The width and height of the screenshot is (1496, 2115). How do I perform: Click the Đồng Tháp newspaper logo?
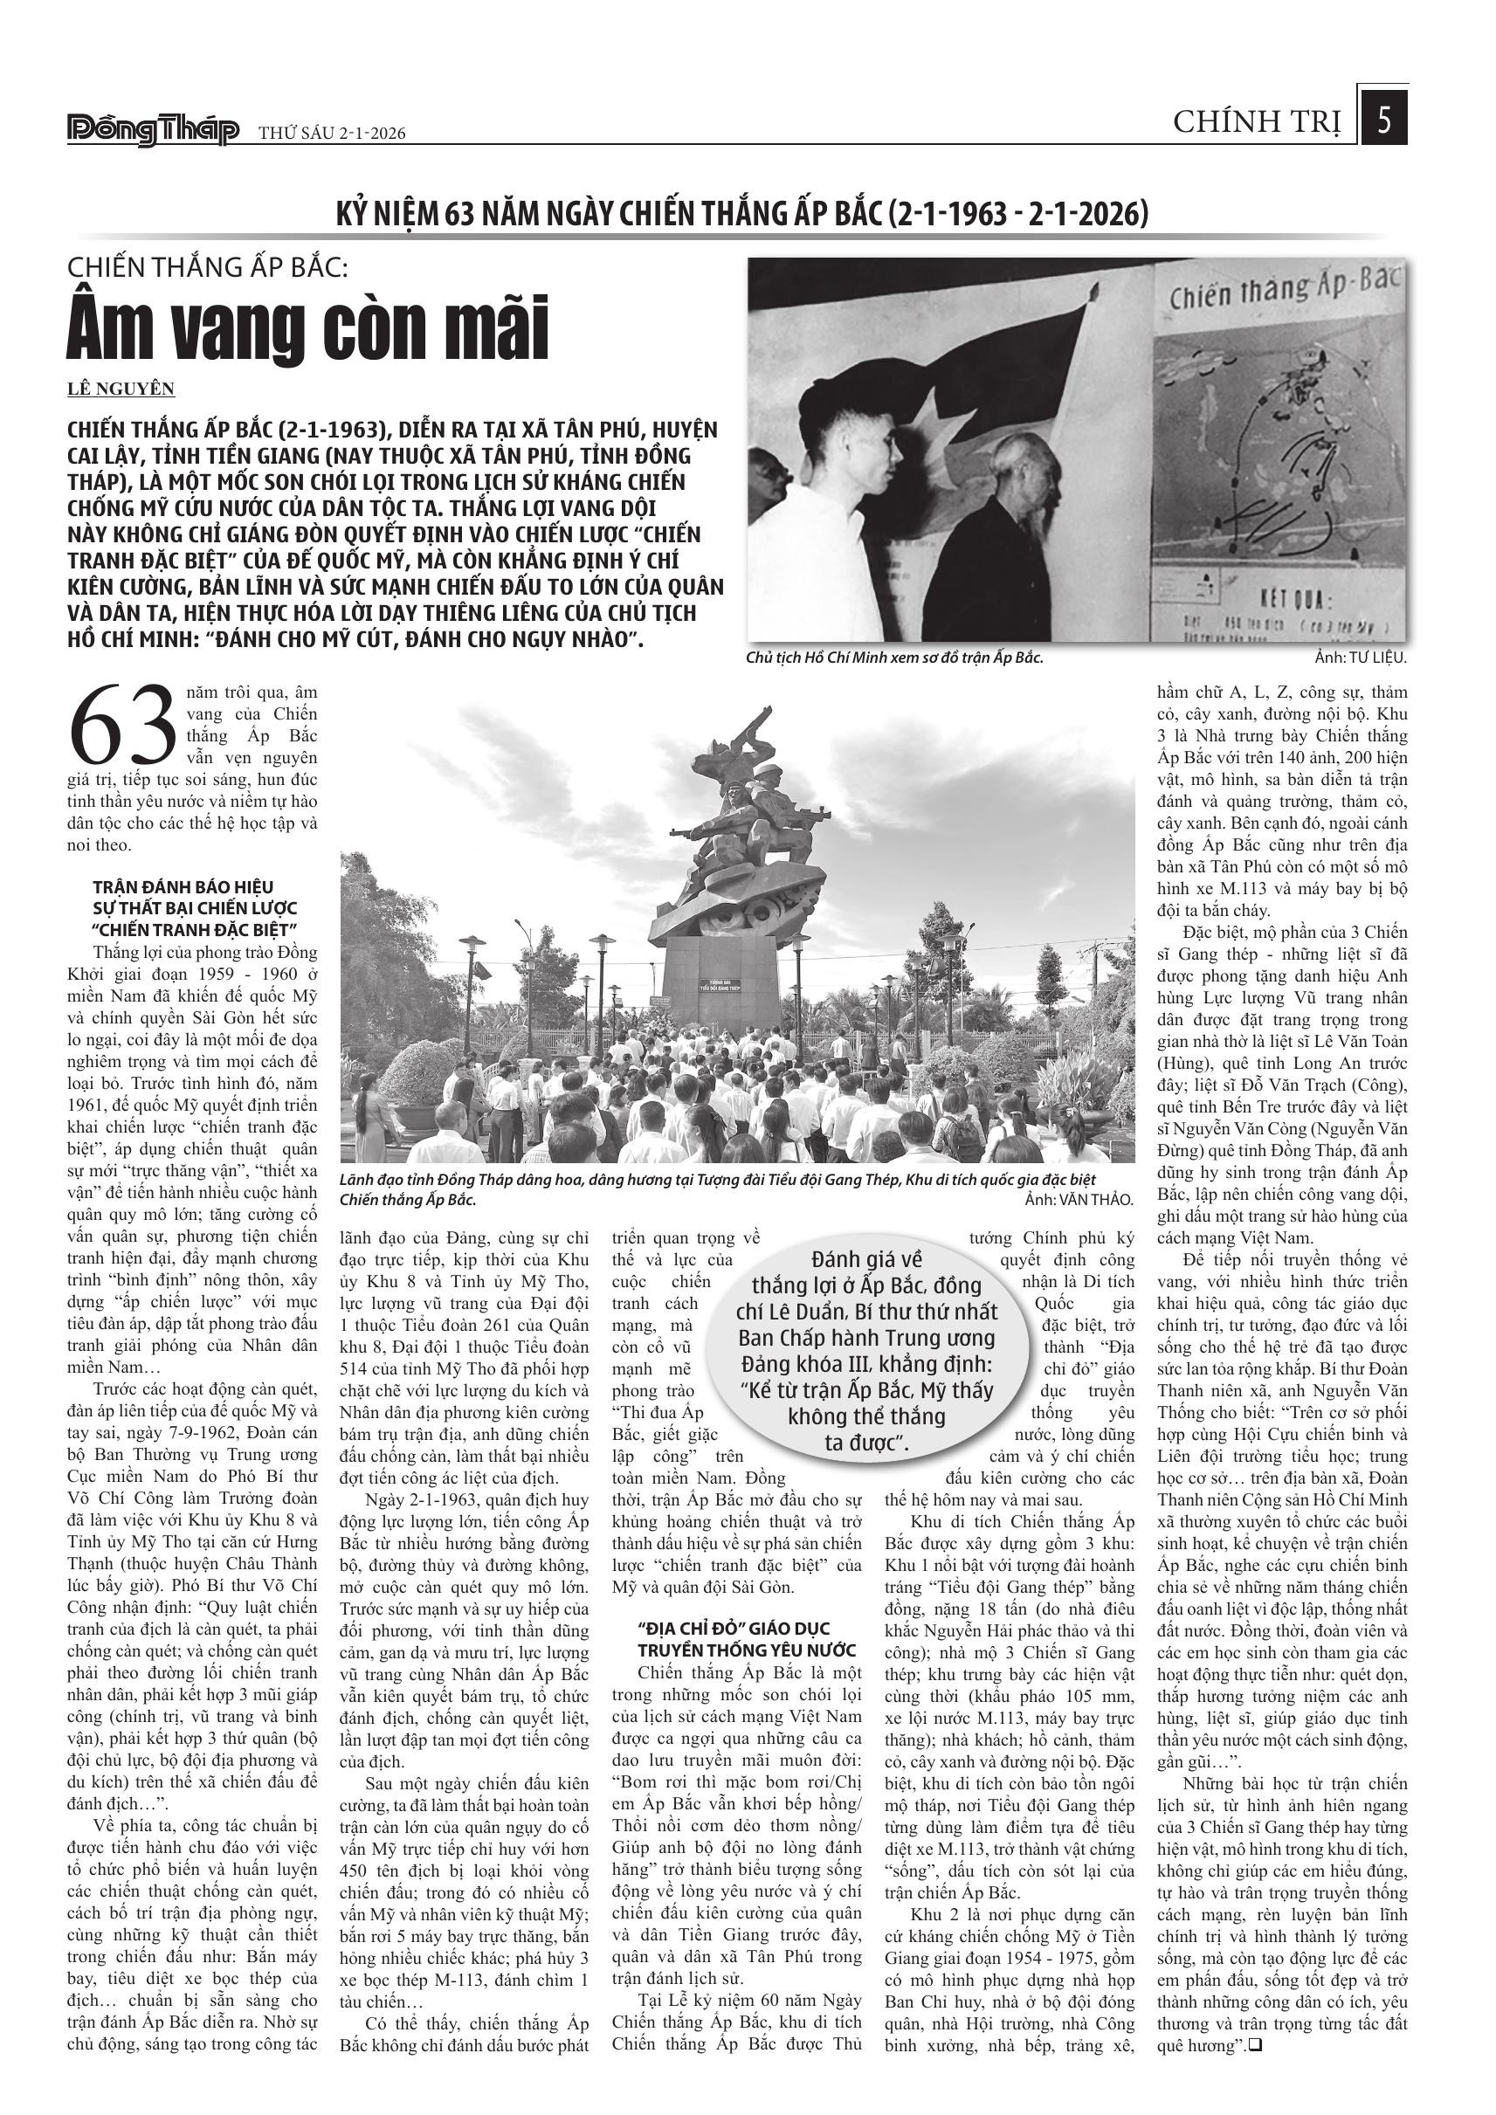(153, 131)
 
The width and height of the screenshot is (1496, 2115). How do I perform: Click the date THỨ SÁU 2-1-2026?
(332, 134)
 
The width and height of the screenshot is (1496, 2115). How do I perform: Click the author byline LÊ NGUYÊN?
(121, 389)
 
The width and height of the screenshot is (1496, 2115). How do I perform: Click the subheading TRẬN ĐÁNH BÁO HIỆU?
(183, 887)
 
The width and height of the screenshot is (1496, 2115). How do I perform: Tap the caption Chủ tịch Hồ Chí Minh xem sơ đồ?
(894, 658)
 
